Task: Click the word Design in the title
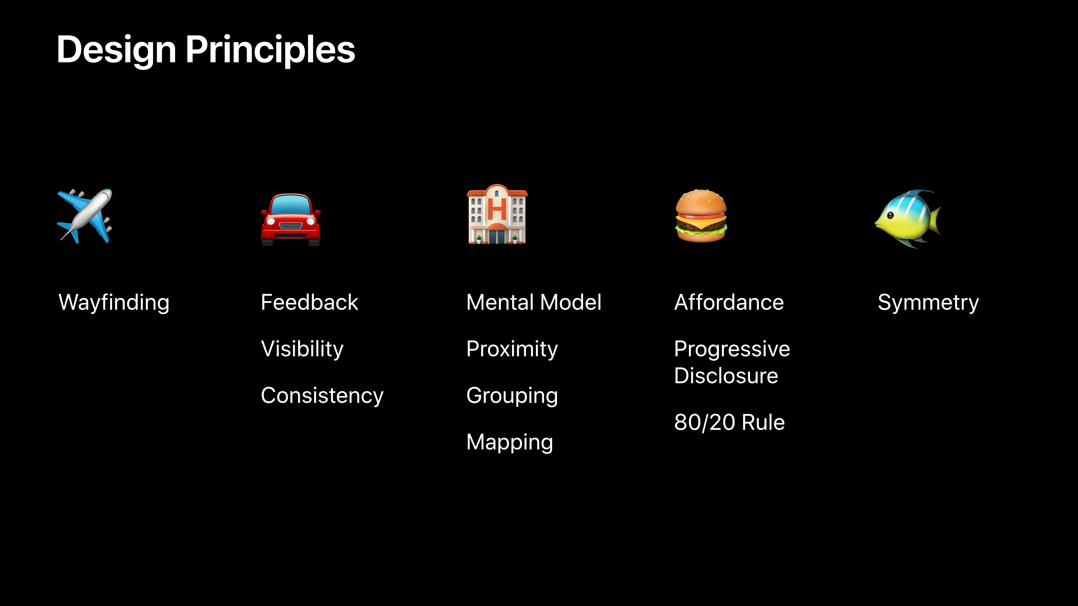pos(116,50)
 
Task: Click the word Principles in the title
pos(270,50)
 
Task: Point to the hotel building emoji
pos(497,214)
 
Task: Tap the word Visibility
pos(302,349)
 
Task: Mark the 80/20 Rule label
pos(729,422)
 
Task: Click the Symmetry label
pos(928,303)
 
